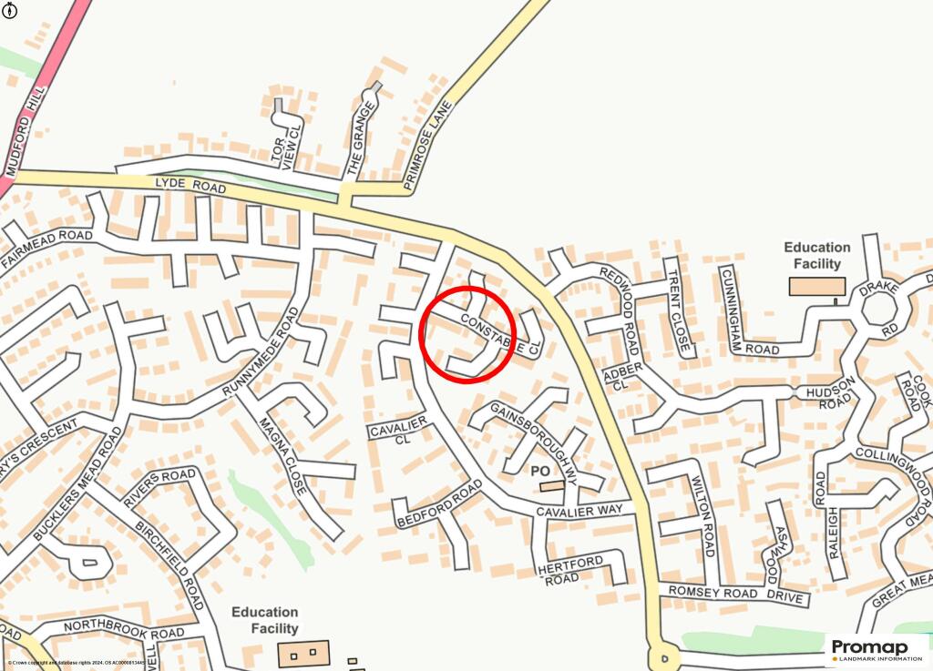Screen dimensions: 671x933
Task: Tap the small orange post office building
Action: [551, 487]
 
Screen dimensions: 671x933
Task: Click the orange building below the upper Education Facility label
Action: [816, 287]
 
